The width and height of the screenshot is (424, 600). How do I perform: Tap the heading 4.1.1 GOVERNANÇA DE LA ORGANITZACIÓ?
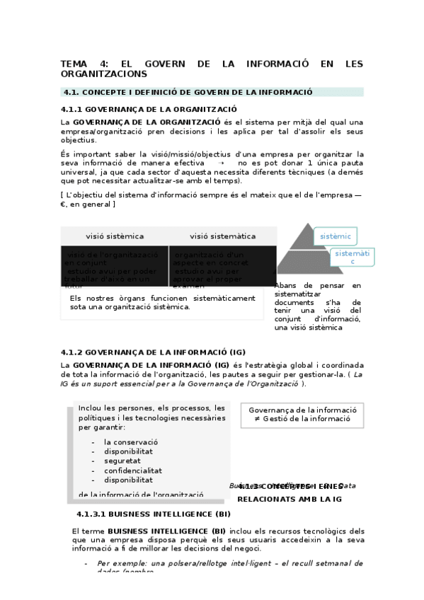coord(149,109)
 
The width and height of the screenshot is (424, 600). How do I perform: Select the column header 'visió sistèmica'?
coord(115,236)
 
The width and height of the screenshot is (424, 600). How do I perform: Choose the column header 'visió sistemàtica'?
coord(222,236)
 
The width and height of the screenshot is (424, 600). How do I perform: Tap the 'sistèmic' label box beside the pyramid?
coord(336,236)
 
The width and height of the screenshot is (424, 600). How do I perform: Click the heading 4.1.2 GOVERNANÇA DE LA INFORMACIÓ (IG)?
coord(153,352)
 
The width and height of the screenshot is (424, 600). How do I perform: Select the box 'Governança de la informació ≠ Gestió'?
coord(302,415)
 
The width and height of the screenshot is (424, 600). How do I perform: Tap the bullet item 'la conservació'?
coord(130,442)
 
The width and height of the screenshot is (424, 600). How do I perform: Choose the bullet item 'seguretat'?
coord(123,461)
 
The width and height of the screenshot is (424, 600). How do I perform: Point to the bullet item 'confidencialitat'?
coord(132,470)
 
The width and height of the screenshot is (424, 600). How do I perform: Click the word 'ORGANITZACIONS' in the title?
coord(104,74)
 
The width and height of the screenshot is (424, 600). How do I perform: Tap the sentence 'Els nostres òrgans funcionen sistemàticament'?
coord(162,298)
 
